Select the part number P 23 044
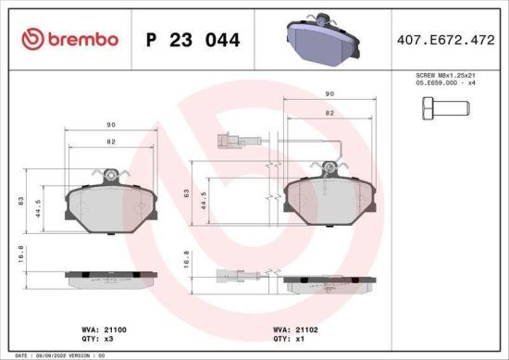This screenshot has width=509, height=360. (x=193, y=40)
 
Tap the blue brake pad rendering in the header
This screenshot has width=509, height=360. (x=319, y=39)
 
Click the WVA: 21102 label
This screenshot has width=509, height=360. (x=295, y=329)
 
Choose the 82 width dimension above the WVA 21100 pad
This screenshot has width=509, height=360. (x=111, y=141)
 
